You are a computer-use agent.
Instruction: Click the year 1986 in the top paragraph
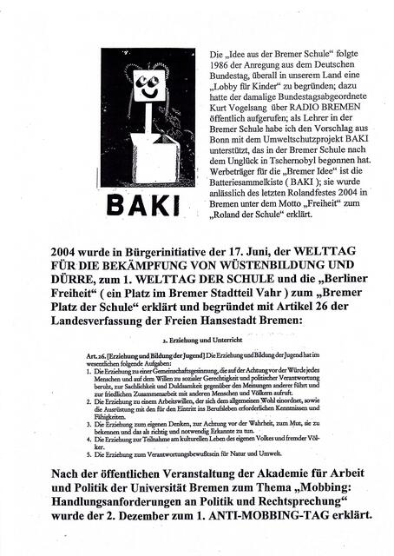[x=220, y=68]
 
